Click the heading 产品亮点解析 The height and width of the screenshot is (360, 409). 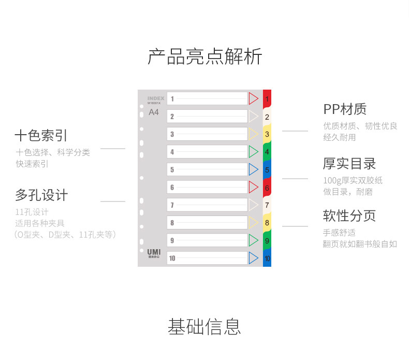click(x=204, y=56)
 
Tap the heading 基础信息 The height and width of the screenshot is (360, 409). click(x=204, y=326)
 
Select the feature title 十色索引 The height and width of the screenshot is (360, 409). click(x=41, y=136)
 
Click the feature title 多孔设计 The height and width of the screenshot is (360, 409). click(x=41, y=195)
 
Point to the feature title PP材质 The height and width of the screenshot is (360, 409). click(x=345, y=109)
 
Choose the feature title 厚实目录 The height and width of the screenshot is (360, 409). click(x=349, y=164)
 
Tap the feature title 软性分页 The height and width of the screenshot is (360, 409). click(x=349, y=215)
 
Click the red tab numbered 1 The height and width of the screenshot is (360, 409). click(x=267, y=98)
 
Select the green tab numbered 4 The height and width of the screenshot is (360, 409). click(x=267, y=152)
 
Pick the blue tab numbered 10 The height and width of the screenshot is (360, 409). click(x=267, y=258)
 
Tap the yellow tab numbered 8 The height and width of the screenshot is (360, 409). click(x=267, y=223)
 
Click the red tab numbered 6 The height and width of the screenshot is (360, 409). click(x=267, y=188)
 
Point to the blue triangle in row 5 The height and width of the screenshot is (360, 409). click(x=253, y=169)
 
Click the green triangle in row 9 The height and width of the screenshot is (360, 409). click(x=253, y=240)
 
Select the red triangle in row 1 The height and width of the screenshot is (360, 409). click(x=253, y=98)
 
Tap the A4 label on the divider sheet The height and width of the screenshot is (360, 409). click(x=154, y=112)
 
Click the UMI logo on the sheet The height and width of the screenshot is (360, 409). click(x=154, y=251)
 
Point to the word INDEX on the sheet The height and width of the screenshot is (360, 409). click(x=155, y=98)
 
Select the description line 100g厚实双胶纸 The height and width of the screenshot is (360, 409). click(x=353, y=180)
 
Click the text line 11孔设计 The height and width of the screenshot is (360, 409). click(x=32, y=212)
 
